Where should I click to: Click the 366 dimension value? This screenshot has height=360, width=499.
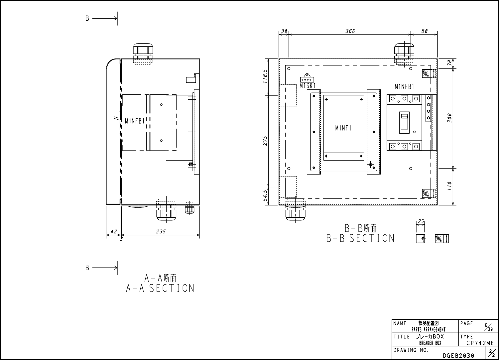350,31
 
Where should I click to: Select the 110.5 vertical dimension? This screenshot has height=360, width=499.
265,76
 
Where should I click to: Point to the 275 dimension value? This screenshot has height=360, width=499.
265,141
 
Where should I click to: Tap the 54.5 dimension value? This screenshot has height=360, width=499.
265,195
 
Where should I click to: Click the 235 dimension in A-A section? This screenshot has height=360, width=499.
161,232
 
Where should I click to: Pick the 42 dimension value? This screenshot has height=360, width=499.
114,232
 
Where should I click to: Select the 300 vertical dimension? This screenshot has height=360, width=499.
450,118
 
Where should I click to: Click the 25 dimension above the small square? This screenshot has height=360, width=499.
421,221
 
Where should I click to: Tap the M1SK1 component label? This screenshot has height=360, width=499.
308,86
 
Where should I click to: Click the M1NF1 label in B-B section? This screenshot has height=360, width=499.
343,128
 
